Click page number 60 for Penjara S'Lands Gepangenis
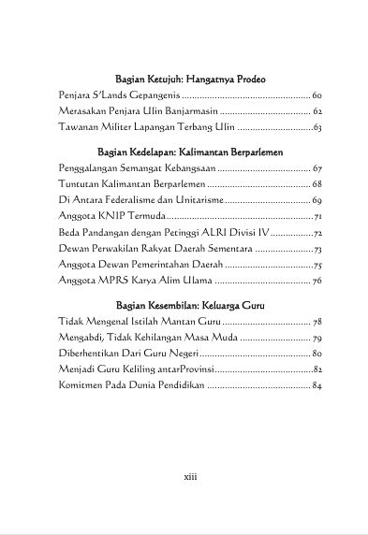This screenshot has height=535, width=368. point(316,95)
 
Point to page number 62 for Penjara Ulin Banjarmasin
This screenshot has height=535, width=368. point(316,111)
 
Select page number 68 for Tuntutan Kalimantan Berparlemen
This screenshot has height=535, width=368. point(316,183)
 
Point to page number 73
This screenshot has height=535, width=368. point(317,249)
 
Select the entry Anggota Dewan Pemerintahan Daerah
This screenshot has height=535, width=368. point(140,265)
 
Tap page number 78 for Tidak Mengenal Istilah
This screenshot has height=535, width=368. point(316,321)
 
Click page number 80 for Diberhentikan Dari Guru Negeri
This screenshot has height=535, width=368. point(316,354)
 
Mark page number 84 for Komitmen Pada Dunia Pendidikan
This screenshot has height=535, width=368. point(316,386)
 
